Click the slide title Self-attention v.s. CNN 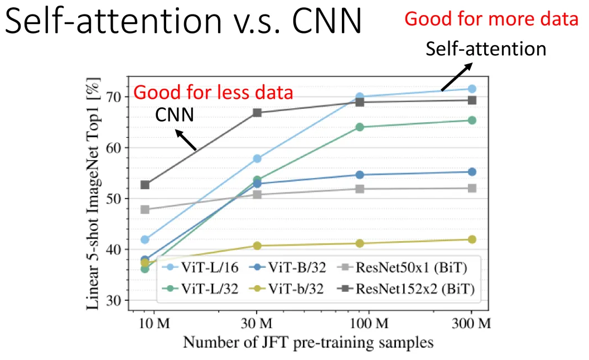[184, 23]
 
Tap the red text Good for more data [491, 19]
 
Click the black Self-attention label [486, 49]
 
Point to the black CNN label [175, 116]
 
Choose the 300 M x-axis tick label [471, 323]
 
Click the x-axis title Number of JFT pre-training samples [308, 342]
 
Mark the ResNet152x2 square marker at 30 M [257, 113]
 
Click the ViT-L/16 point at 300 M [471, 89]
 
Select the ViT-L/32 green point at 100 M [360, 127]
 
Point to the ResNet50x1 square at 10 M [145, 210]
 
